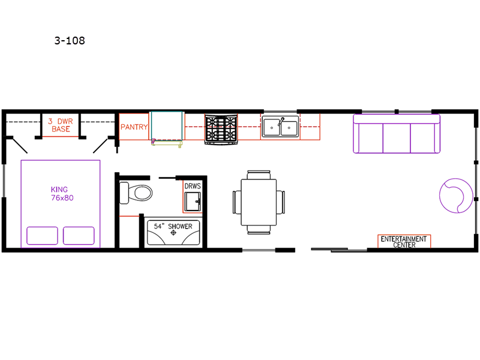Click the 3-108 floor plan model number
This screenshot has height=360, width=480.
[x=70, y=41]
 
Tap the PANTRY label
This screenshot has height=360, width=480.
[x=134, y=127]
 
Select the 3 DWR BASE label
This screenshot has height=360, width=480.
[x=61, y=125]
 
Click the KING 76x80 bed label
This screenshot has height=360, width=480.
[x=62, y=193]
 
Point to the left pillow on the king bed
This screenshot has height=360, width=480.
[x=42, y=235]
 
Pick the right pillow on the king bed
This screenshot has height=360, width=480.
[x=79, y=235]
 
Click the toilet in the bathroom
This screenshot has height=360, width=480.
[x=136, y=193]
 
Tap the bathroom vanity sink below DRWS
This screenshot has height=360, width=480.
[x=193, y=202]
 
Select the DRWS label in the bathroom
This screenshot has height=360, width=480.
[x=193, y=186]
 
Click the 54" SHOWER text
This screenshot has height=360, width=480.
[x=173, y=226]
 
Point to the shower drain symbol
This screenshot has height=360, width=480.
[x=173, y=233]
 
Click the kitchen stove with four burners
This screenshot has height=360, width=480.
[x=221, y=128]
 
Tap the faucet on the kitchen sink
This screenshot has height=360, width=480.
[x=281, y=122]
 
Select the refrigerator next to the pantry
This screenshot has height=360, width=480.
[x=167, y=126]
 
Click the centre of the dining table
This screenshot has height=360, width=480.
[x=259, y=202]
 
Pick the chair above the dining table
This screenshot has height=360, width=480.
[x=259, y=175]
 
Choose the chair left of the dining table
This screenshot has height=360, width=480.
[x=237, y=202]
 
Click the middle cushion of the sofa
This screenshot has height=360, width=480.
[x=397, y=138]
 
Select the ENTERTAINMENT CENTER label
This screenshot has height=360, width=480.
[x=404, y=242]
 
